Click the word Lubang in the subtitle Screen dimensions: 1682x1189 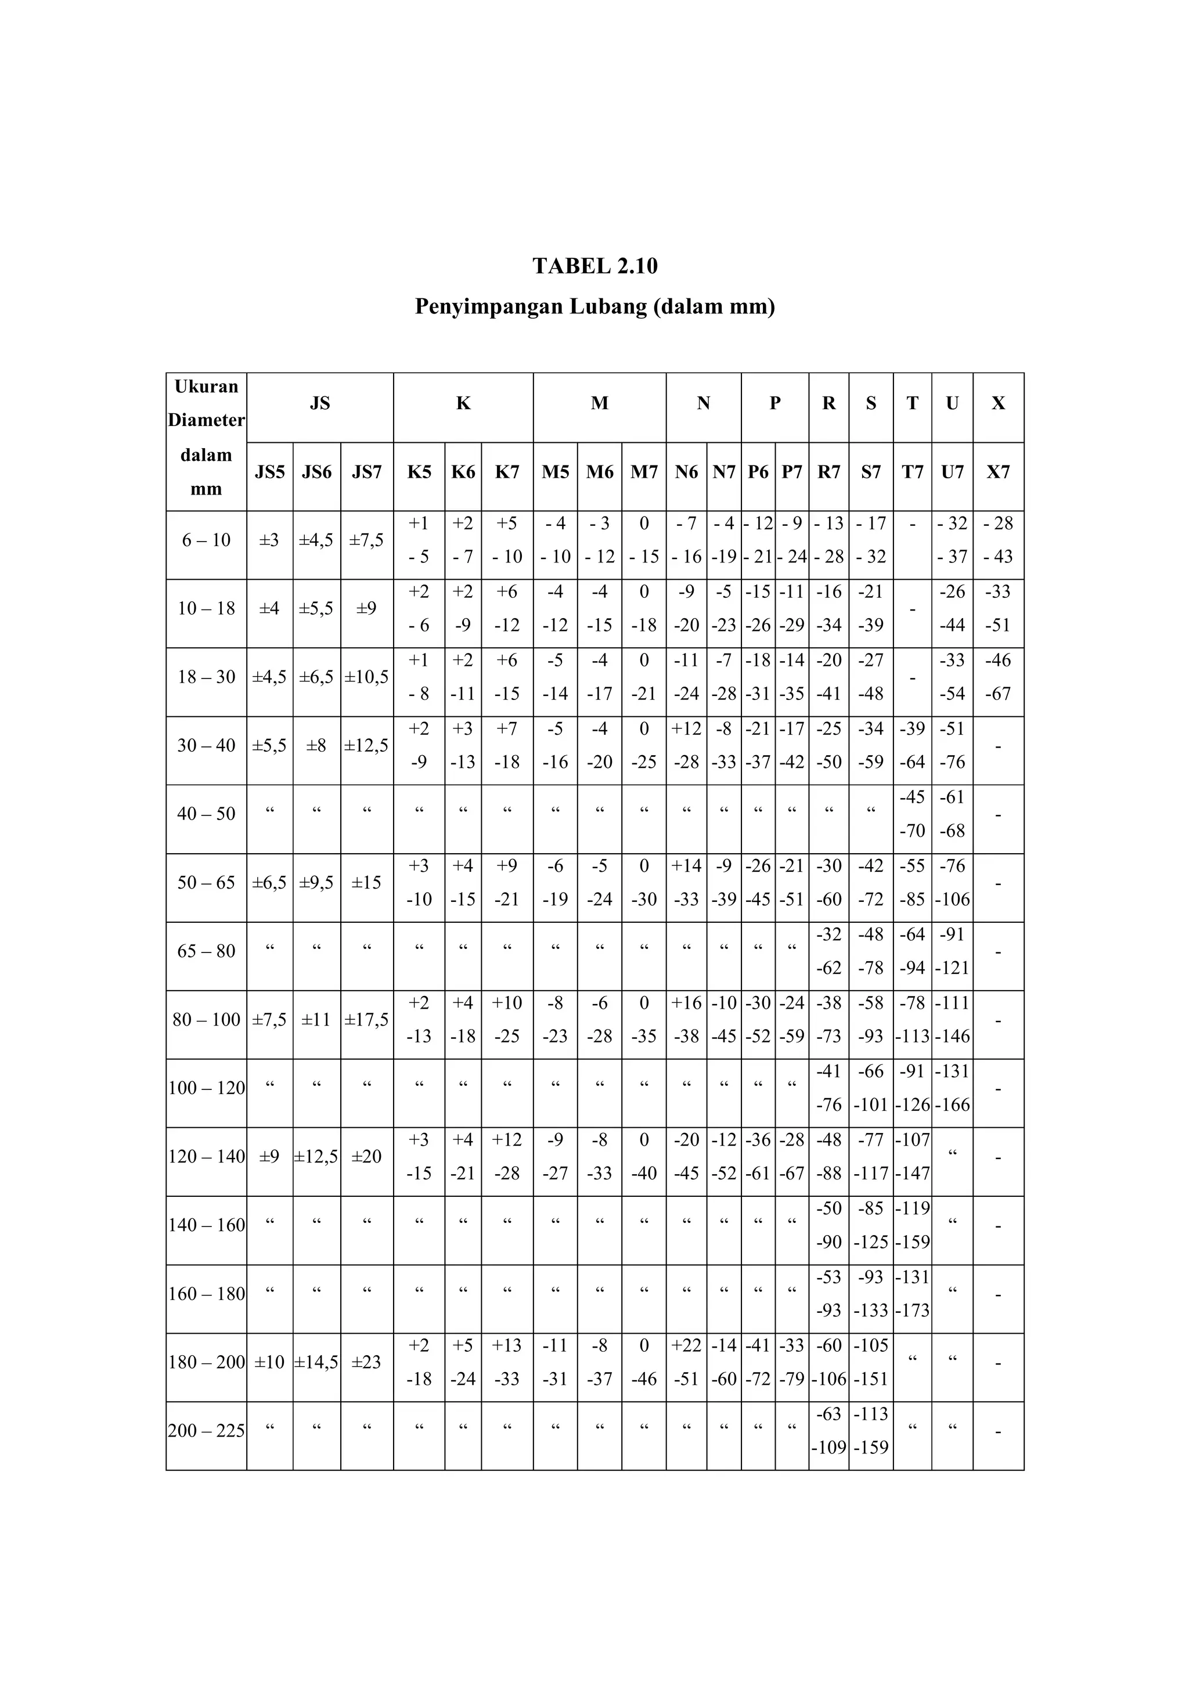607,306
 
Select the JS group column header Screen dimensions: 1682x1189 319,403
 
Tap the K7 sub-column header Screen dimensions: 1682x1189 506,472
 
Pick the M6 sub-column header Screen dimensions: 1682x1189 599,472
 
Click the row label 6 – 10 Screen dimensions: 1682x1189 206,541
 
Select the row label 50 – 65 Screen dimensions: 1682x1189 206,883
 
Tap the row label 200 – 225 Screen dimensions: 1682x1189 206,1431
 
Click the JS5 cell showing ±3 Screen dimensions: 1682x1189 269,541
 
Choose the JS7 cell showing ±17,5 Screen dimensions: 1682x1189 366,1020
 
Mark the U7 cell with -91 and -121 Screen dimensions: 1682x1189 952,951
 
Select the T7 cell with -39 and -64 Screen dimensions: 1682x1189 911,746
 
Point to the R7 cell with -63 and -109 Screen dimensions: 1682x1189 828,1431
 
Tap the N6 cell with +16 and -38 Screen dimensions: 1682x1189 686,1020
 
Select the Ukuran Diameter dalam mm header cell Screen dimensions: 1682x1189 206,438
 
